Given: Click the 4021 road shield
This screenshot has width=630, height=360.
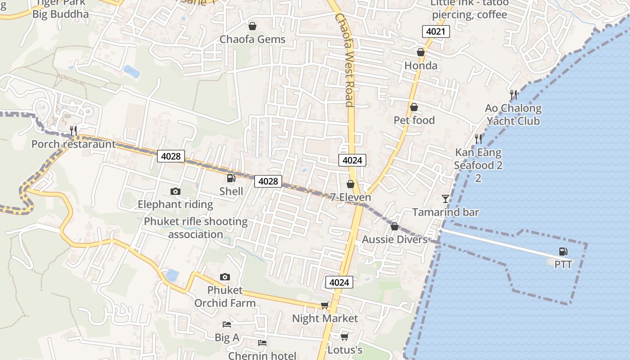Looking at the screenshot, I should (x=436, y=31).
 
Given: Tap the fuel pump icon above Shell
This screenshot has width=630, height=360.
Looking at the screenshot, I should (x=231, y=179).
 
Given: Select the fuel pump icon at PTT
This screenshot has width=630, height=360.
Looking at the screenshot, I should (x=563, y=252).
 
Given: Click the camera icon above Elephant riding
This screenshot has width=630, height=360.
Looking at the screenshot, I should (x=175, y=192).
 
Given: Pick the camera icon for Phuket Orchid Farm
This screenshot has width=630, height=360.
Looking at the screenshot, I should (x=225, y=277).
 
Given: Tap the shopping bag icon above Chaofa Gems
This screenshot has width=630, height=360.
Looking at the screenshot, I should (x=252, y=26).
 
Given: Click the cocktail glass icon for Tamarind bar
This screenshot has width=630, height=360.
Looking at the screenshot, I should (x=445, y=198).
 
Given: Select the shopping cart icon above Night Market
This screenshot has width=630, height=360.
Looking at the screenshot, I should (x=324, y=306).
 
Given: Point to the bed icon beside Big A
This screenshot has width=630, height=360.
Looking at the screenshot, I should (x=227, y=324).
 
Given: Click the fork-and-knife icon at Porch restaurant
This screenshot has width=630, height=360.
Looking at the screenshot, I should (x=73, y=131).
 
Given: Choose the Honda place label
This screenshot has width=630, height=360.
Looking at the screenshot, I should (x=421, y=66).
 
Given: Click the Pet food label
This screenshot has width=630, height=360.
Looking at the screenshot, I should (x=414, y=120).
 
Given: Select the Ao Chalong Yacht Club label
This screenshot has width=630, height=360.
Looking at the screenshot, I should (x=513, y=115).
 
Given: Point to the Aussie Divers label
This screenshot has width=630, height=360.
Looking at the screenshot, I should (x=395, y=239).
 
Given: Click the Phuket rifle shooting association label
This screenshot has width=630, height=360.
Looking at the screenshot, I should (x=196, y=228).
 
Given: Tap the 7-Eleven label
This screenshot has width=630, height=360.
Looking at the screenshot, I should (x=351, y=198).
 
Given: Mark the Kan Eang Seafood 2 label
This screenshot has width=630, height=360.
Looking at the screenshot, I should (x=478, y=159).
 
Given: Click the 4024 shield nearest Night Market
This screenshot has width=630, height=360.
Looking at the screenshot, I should (x=339, y=282).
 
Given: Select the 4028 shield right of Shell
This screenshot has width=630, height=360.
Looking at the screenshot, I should (x=268, y=181).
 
